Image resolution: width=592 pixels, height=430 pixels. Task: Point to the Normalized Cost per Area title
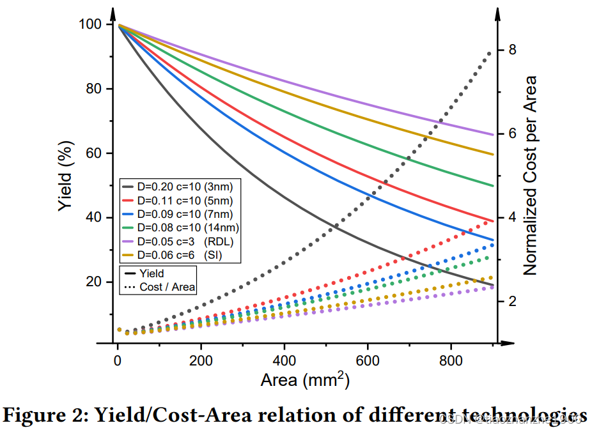click(530, 176)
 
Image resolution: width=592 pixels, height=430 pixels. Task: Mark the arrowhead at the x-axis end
click(510, 343)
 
